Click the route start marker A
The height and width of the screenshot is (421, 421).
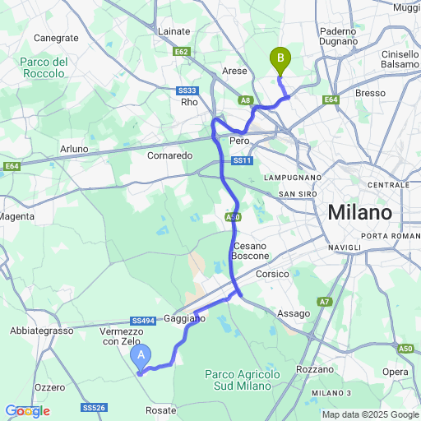click(141, 355)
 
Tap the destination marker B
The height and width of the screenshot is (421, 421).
click(280, 58)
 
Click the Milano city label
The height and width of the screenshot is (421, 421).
click(359, 212)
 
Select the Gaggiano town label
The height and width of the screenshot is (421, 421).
click(184, 317)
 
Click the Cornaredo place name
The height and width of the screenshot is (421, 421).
click(169, 155)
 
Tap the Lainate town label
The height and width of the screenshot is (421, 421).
click(174, 31)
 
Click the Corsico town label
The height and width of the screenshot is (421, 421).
click(272, 274)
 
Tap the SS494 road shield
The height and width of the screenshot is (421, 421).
click(142, 322)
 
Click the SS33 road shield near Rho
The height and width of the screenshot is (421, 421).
click(187, 90)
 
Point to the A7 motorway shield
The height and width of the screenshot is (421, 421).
click(325, 302)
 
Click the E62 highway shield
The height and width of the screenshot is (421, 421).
click(183, 52)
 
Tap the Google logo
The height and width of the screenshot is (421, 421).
click(26, 410)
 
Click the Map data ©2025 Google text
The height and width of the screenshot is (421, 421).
click(369, 414)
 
